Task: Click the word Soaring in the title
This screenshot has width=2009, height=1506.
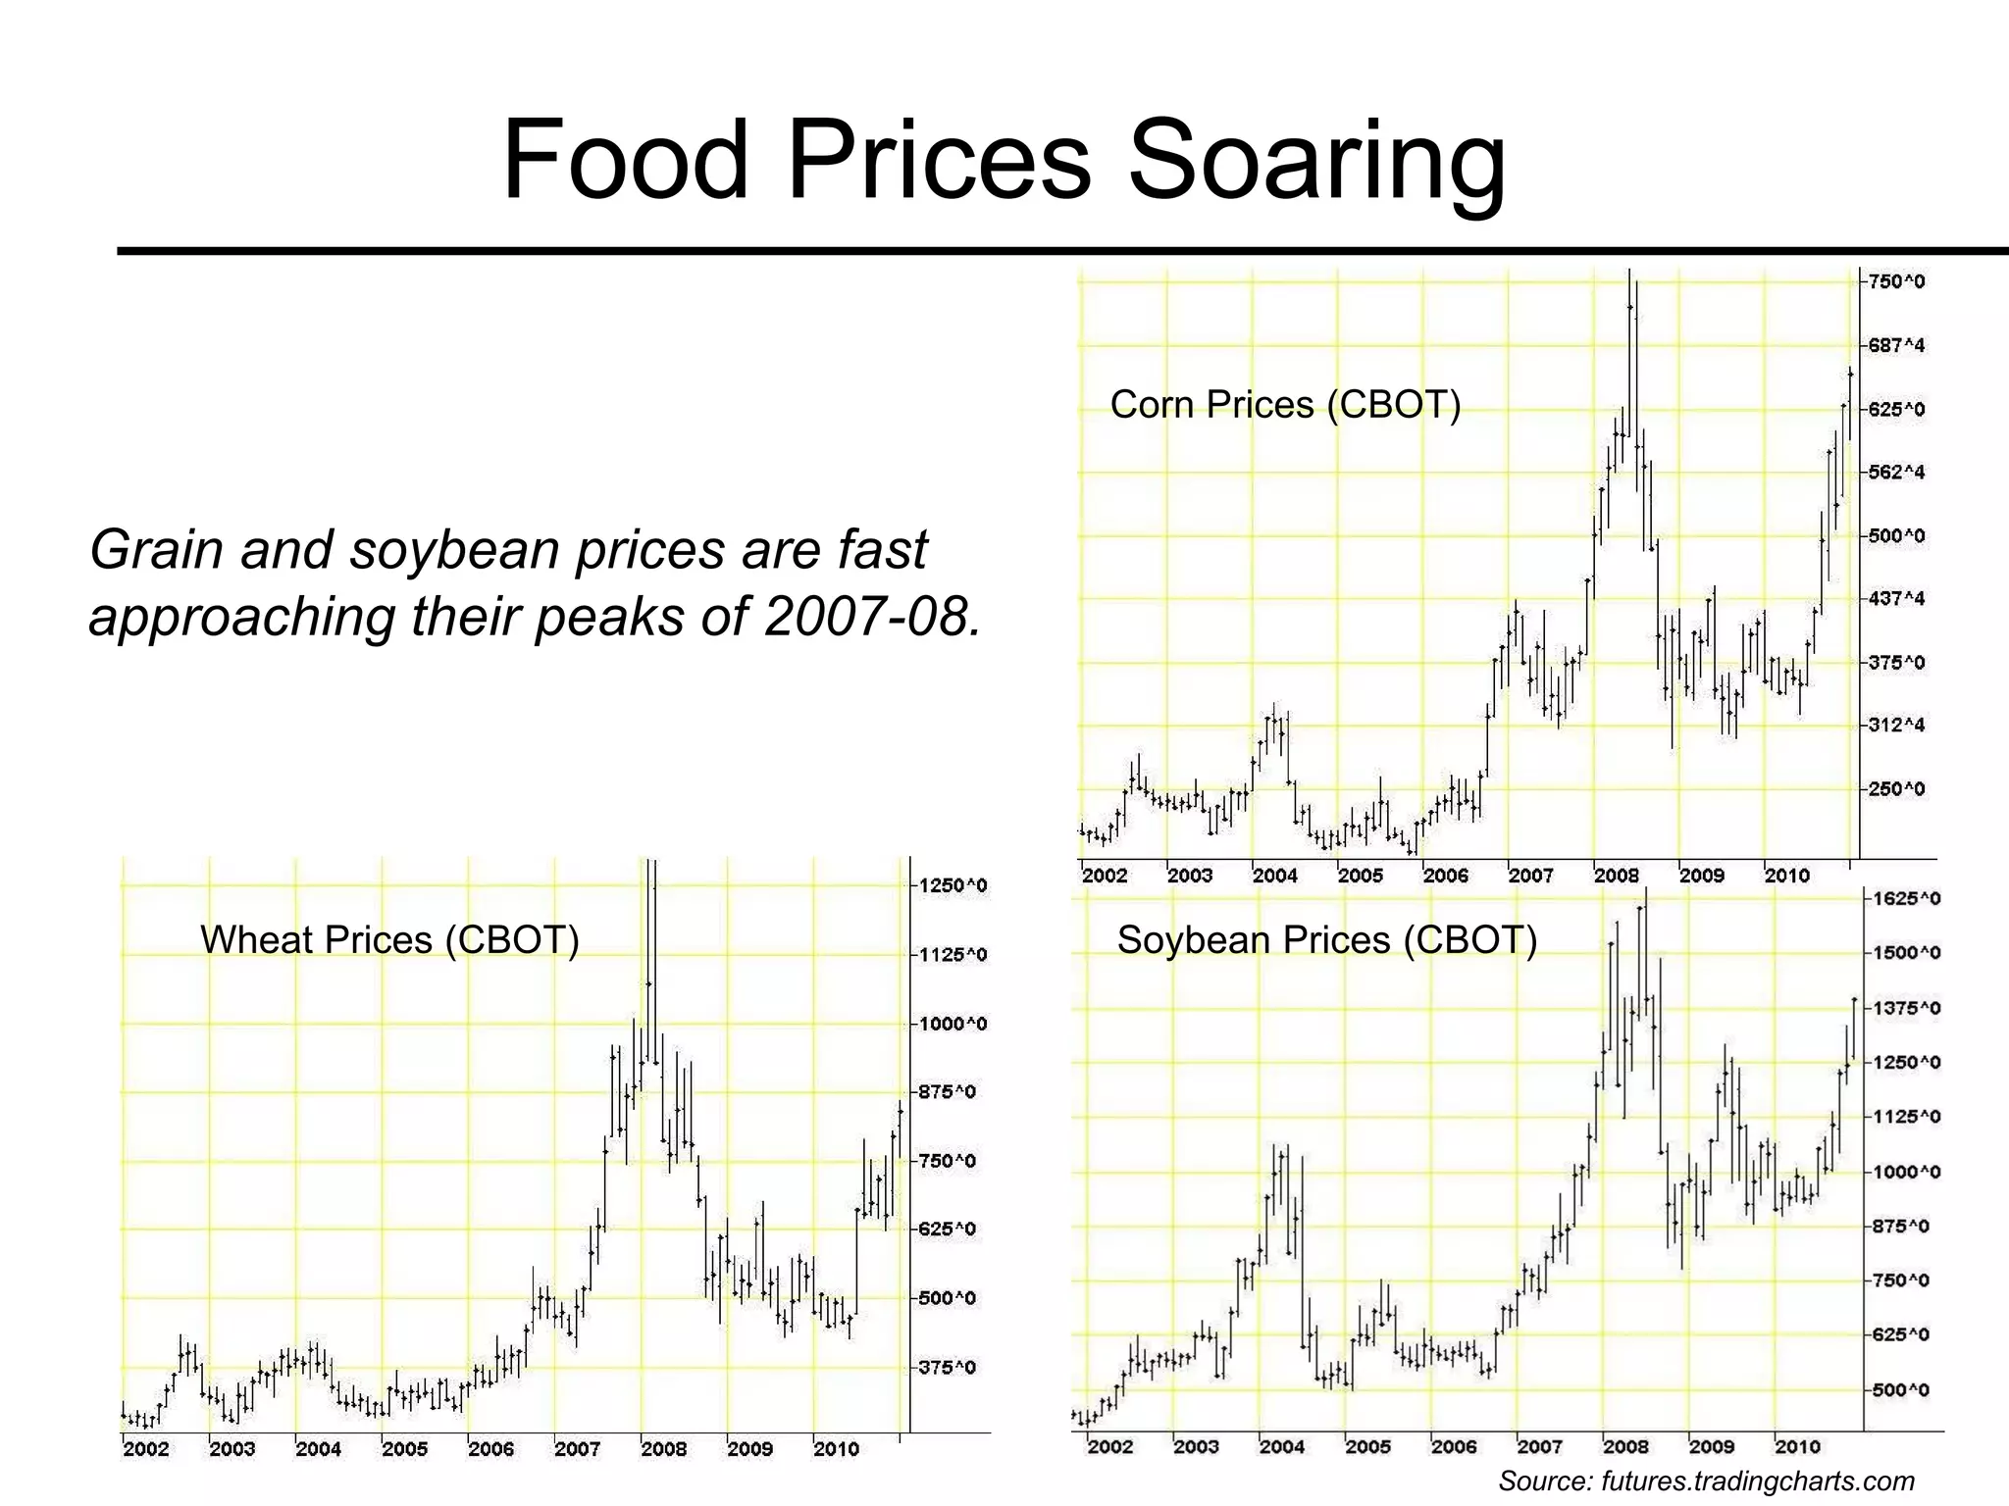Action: click(1316, 160)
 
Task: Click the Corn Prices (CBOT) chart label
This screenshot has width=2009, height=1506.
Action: click(1285, 405)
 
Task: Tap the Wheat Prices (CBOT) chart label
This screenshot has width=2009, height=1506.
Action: click(389, 940)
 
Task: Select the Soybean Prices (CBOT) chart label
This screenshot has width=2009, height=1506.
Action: click(1326, 940)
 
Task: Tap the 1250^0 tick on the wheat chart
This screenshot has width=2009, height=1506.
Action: click(952, 886)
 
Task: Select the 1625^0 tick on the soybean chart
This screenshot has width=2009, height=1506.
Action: click(1906, 899)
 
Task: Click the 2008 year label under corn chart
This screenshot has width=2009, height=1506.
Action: click(1616, 876)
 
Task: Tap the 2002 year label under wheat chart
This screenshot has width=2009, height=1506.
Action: click(145, 1449)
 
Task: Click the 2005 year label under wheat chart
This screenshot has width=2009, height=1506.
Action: click(404, 1449)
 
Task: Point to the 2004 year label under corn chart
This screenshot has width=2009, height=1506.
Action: click(1274, 876)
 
